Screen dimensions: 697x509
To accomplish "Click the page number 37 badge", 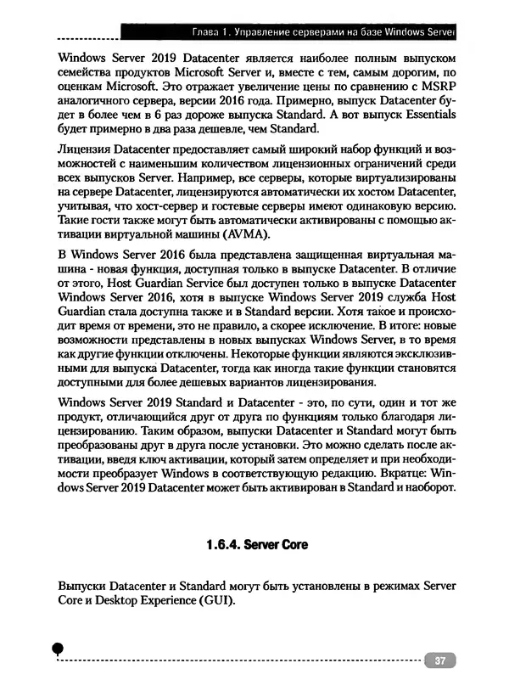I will click(439, 660).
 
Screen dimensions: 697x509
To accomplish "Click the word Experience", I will click(172, 600).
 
